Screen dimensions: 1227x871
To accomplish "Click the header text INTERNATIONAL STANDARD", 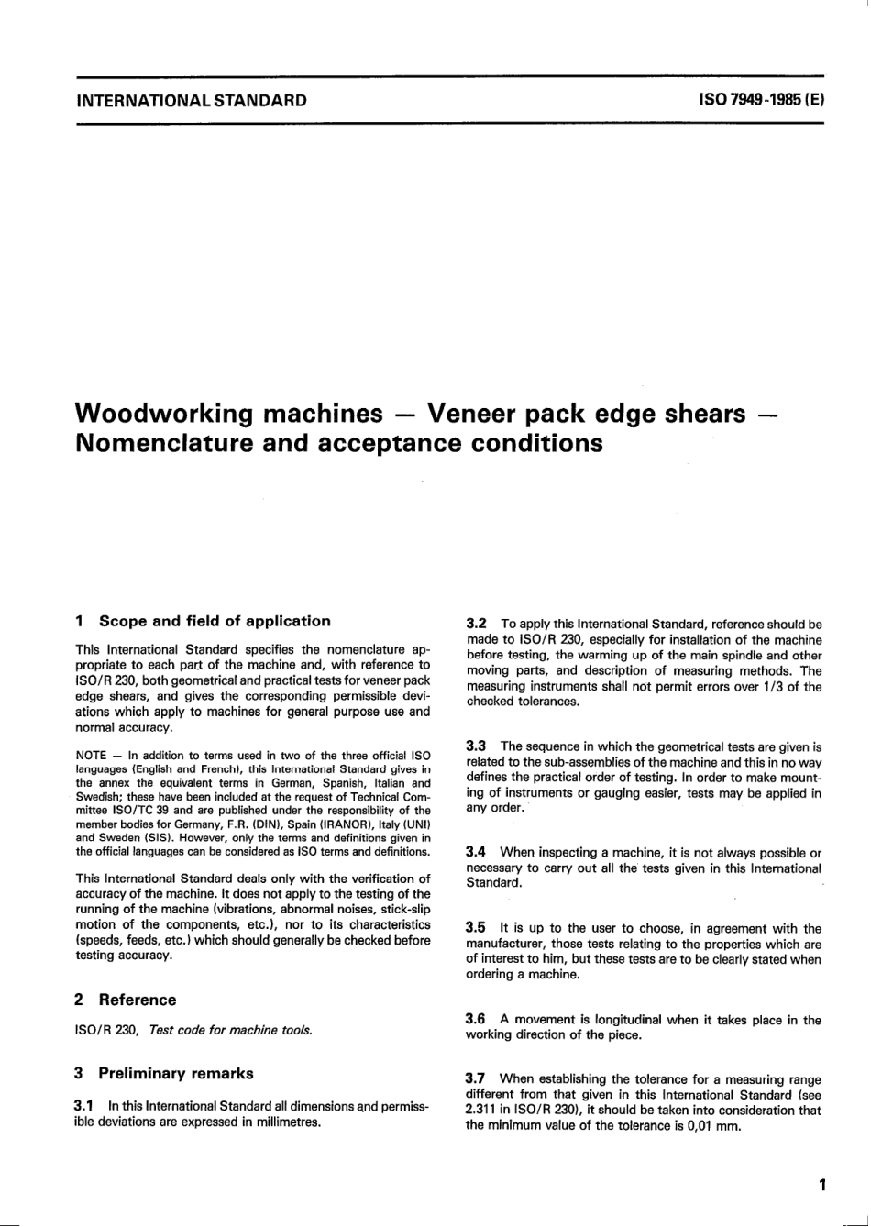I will point(191,99).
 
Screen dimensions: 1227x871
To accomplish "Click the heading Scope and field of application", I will point(215,621).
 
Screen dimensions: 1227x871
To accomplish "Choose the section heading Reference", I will point(138,1000).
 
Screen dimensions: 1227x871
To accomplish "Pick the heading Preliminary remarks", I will point(176,1073).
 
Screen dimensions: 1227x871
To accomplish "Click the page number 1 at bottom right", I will point(823,1184).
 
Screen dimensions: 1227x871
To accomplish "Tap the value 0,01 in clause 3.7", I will point(696,1124).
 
